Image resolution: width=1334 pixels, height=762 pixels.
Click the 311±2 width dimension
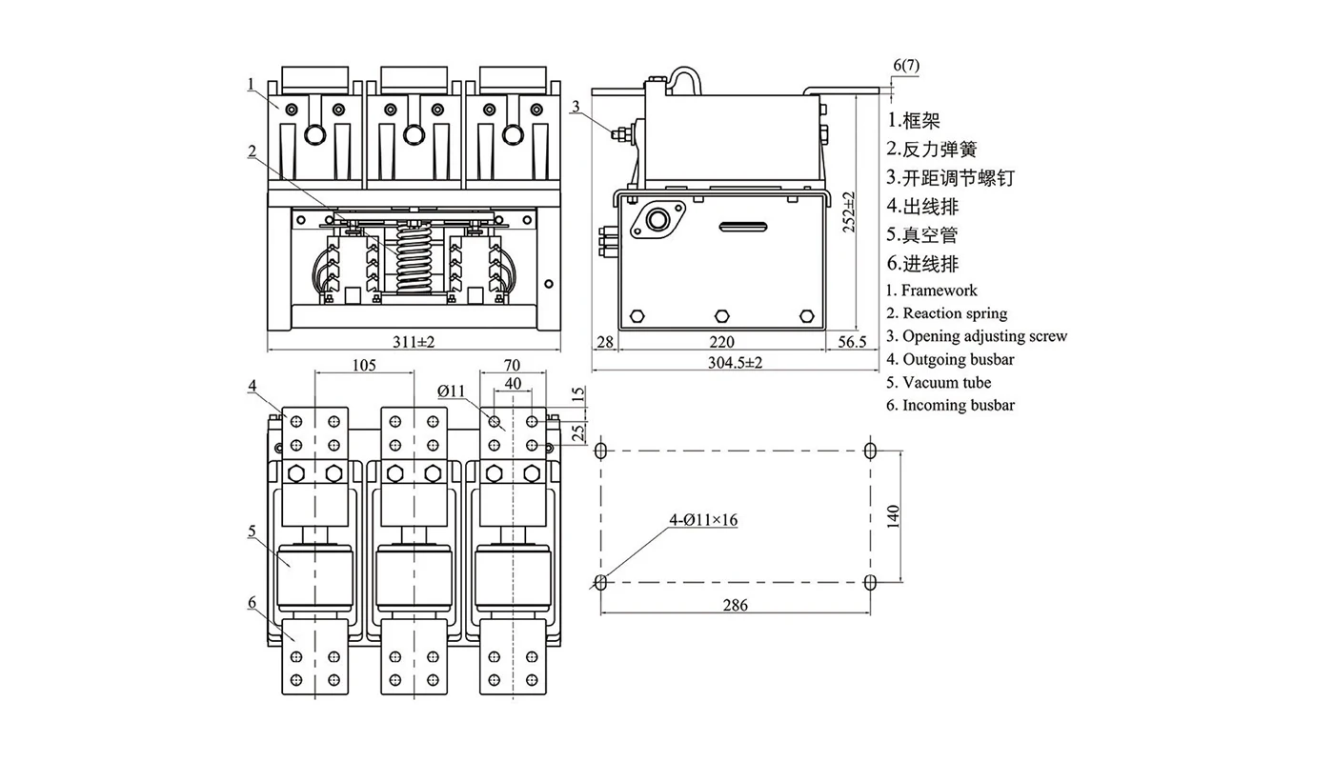click(414, 342)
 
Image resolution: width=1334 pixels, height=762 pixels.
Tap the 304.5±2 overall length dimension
click(735, 362)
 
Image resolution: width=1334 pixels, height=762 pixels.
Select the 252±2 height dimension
click(849, 211)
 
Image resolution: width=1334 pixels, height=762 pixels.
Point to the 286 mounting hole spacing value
click(735, 605)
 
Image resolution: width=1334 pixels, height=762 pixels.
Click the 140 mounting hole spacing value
click(893, 516)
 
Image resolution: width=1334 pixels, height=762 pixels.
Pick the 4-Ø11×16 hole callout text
click(703, 520)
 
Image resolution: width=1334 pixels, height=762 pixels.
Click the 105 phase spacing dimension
click(364, 365)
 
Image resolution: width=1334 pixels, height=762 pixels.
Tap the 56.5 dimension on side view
click(852, 342)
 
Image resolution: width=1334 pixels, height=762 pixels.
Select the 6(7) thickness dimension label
click(906, 65)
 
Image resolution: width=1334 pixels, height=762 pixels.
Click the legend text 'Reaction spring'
click(955, 313)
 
